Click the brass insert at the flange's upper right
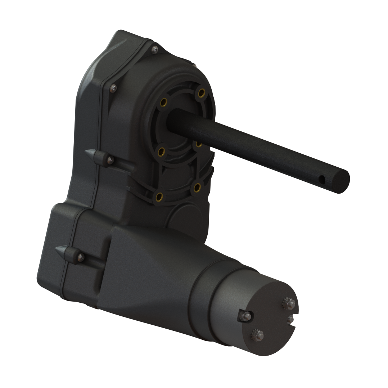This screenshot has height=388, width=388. [x=201, y=93]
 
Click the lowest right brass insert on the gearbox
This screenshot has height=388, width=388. [x=197, y=187]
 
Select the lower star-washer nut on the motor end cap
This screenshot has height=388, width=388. [x=258, y=335]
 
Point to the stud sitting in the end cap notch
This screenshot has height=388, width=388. [x=290, y=319]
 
